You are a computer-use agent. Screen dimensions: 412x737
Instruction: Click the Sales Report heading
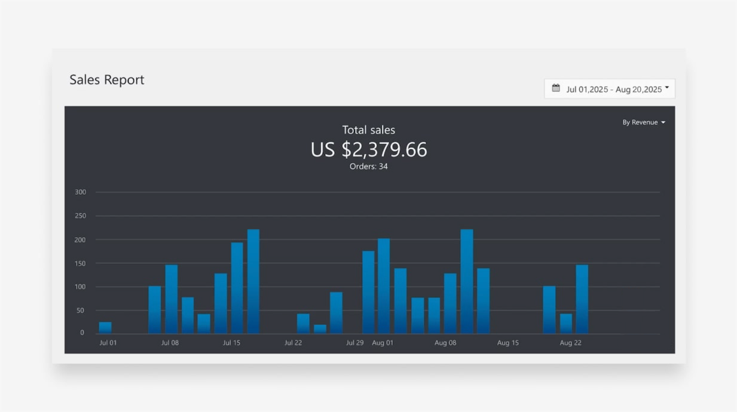point(107,80)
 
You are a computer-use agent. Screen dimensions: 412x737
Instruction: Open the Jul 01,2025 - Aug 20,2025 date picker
point(610,89)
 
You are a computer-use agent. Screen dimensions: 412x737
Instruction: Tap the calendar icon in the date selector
point(556,88)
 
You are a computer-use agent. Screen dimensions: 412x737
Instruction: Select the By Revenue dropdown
point(643,122)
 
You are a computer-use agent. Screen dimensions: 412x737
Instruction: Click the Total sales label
point(368,130)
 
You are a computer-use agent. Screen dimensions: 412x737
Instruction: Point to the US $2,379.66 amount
point(368,149)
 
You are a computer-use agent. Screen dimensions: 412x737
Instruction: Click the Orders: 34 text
point(368,167)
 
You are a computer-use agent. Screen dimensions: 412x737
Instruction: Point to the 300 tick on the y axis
point(80,192)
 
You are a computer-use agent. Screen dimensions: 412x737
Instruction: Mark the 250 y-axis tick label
point(80,216)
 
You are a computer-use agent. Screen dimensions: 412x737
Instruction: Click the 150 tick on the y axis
point(80,263)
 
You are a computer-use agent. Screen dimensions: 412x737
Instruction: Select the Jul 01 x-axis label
point(108,343)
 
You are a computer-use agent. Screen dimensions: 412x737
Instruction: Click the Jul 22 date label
point(293,343)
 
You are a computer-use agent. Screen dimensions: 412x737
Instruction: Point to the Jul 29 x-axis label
point(354,343)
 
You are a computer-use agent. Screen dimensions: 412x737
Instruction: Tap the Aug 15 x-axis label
point(507,343)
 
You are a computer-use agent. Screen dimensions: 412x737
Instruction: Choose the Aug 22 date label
point(570,343)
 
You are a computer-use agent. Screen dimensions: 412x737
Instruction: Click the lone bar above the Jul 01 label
point(105,327)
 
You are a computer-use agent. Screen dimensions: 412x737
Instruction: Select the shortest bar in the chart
point(320,329)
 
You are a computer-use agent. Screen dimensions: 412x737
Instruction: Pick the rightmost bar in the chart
point(582,299)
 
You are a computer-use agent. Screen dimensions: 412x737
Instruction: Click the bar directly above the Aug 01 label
point(384,287)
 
